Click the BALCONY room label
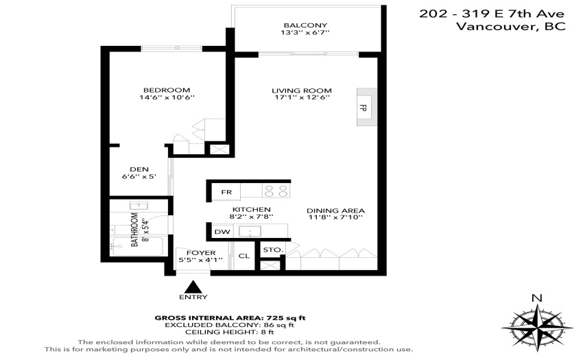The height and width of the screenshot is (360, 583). pyautogui.click(x=305, y=25)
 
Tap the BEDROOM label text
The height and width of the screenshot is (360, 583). pyautogui.click(x=167, y=90)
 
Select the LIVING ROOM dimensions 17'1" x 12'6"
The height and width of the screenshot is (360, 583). pyautogui.click(x=302, y=97)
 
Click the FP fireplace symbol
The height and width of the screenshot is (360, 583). pyautogui.click(x=367, y=107)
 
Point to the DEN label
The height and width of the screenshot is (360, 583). pyautogui.click(x=139, y=169)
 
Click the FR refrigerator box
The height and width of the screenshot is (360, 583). pyautogui.click(x=226, y=192)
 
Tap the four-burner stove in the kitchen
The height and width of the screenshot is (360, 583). pyautogui.click(x=276, y=191)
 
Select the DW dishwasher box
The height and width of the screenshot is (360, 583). pyautogui.click(x=222, y=232)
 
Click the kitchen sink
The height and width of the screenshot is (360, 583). pyautogui.click(x=250, y=231)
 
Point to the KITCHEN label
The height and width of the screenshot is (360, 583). pyautogui.click(x=251, y=210)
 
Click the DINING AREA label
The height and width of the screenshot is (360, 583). pyautogui.click(x=336, y=211)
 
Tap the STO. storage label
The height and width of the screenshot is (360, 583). pyautogui.click(x=273, y=250)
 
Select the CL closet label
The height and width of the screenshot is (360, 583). pyautogui.click(x=244, y=256)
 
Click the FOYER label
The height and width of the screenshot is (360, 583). pyautogui.click(x=201, y=253)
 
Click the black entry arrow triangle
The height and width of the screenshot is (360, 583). pyautogui.click(x=193, y=287)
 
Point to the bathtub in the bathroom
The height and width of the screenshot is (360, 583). pyautogui.click(x=138, y=246)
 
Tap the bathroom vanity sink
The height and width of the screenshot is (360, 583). pyautogui.click(x=139, y=206)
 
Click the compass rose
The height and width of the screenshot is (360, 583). pyautogui.click(x=537, y=328)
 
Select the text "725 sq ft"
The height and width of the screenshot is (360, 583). pyautogui.click(x=286, y=318)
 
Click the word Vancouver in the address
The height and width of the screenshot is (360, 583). pyautogui.click(x=494, y=27)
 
